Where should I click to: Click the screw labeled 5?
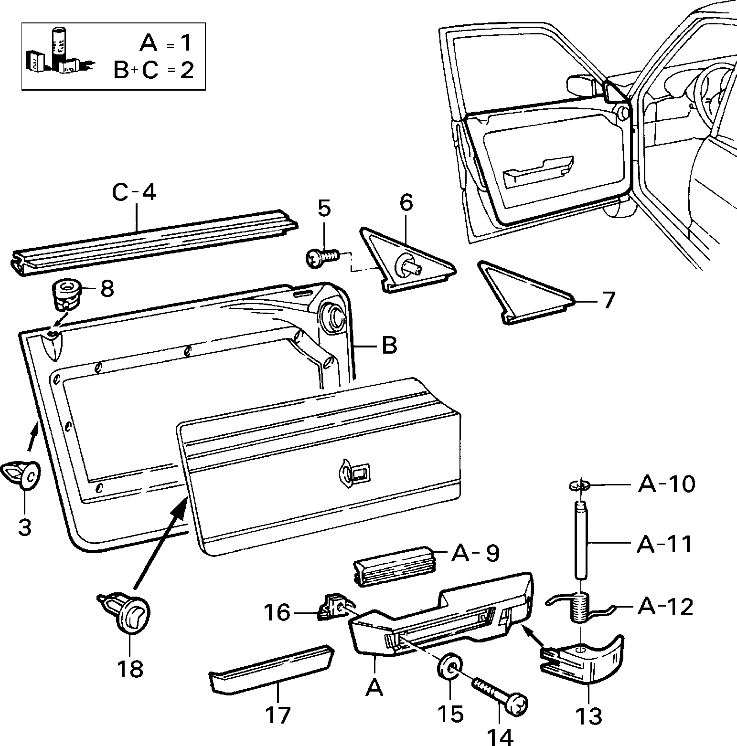click(323, 258)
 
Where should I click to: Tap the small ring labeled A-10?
click(578, 485)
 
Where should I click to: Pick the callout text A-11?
click(664, 544)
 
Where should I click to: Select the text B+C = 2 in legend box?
click(153, 70)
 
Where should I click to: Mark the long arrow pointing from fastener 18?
click(160, 542)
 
